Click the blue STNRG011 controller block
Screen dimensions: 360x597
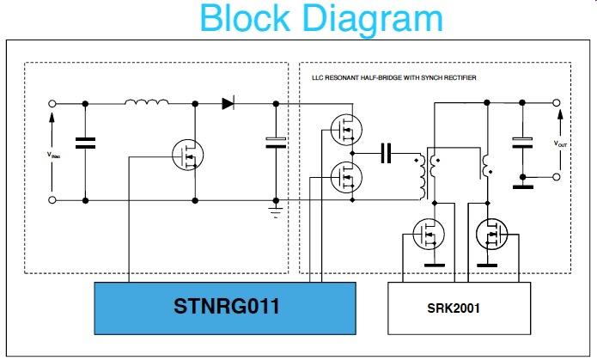click(x=224, y=306)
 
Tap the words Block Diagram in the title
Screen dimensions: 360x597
click(x=321, y=18)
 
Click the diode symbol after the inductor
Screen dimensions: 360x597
click(x=228, y=103)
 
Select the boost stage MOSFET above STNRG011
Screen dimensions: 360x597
click(x=186, y=156)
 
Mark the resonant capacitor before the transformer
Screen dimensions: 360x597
click(x=387, y=154)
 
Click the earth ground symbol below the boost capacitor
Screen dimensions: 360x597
click(x=275, y=210)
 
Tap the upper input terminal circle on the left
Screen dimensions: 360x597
click(x=53, y=104)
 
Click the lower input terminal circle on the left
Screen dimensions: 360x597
click(x=53, y=199)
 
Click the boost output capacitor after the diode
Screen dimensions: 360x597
click(x=275, y=142)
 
